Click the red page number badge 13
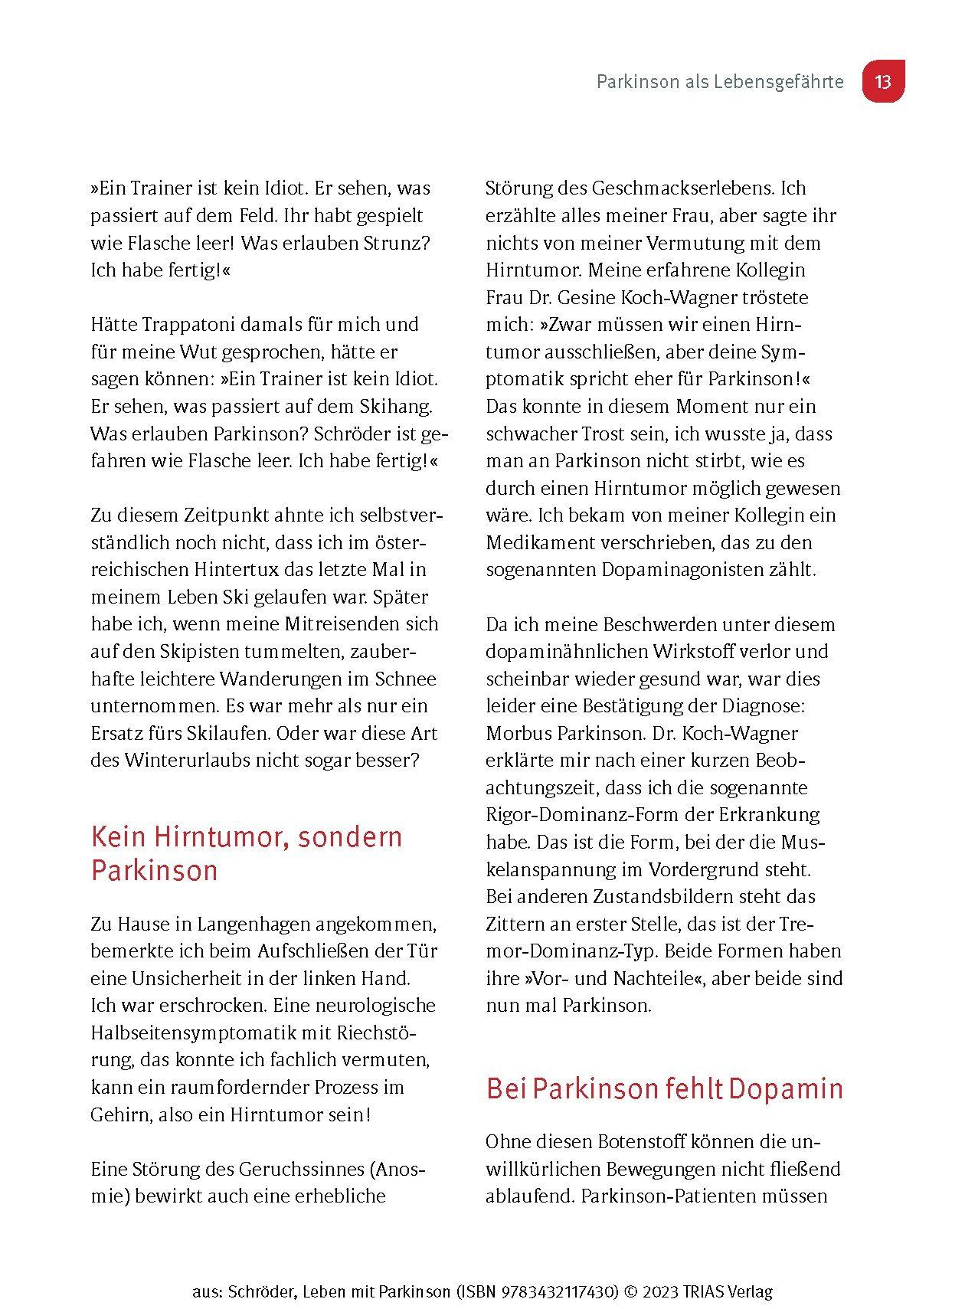tap(883, 81)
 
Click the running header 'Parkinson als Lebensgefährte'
tap(720, 82)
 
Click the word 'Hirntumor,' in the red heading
tap(227, 836)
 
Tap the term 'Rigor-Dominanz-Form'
tap(581, 814)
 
